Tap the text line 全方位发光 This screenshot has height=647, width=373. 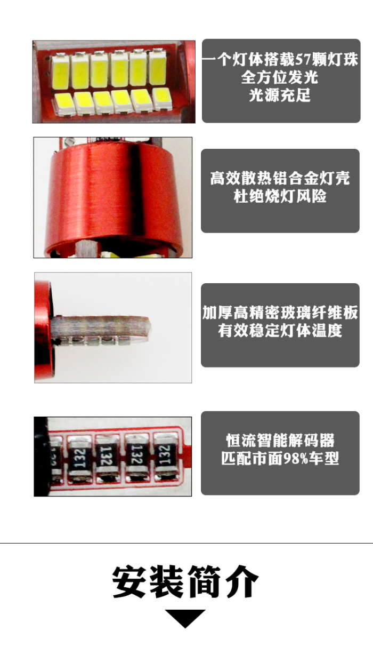[280, 77]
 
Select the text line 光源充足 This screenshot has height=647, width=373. [280, 95]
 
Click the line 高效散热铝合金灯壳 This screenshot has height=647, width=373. [280, 178]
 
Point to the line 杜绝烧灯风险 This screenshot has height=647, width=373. [280, 196]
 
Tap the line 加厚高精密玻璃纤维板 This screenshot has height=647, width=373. [280, 312]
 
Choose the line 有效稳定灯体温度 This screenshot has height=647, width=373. [280, 330]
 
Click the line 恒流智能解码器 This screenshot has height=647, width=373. [280, 440]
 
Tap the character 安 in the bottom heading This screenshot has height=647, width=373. [129, 582]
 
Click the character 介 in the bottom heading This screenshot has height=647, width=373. [242, 582]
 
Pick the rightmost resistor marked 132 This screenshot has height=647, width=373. [166, 457]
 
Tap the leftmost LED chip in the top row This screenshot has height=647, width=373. [61, 71]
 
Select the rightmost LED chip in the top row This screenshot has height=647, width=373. [158, 68]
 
